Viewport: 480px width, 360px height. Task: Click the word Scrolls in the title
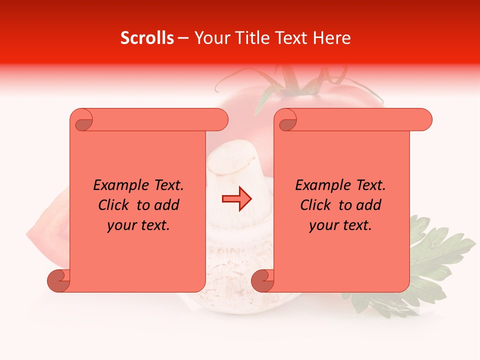pos(147,38)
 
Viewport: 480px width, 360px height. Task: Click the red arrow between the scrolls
pos(237,199)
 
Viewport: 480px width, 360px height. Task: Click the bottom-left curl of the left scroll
pos(59,279)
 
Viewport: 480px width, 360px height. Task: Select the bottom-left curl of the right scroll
pos(263,279)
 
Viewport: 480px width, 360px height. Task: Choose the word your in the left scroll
pos(120,225)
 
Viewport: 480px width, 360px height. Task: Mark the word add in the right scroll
pos(369,205)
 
